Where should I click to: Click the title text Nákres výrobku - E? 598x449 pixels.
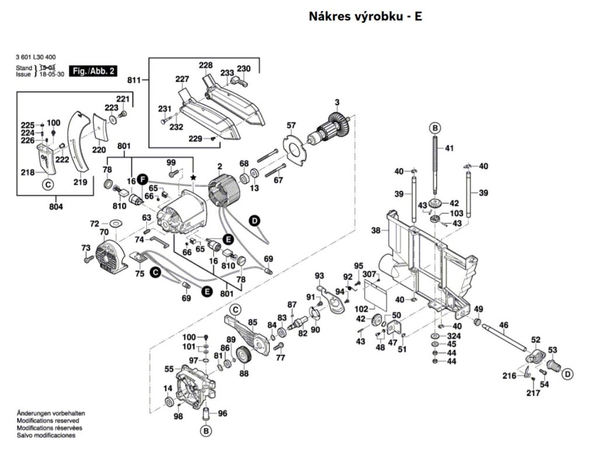coord(365,16)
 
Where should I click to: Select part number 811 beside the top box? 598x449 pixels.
coord(135,79)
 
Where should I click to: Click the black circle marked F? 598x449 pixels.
coord(144,180)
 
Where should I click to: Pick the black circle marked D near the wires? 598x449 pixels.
coord(254,220)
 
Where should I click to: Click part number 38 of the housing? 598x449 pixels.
coord(376,230)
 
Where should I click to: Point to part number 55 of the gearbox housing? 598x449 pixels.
coord(169,369)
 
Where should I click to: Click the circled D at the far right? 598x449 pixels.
coord(567,374)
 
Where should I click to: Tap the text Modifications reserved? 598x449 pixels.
coord(48,420)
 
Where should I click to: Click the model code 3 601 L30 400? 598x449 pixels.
coord(36,57)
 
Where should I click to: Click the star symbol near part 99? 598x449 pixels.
coord(193,177)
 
